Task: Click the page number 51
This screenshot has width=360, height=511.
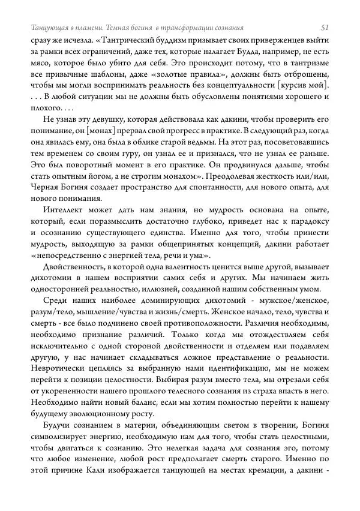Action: click(325, 28)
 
